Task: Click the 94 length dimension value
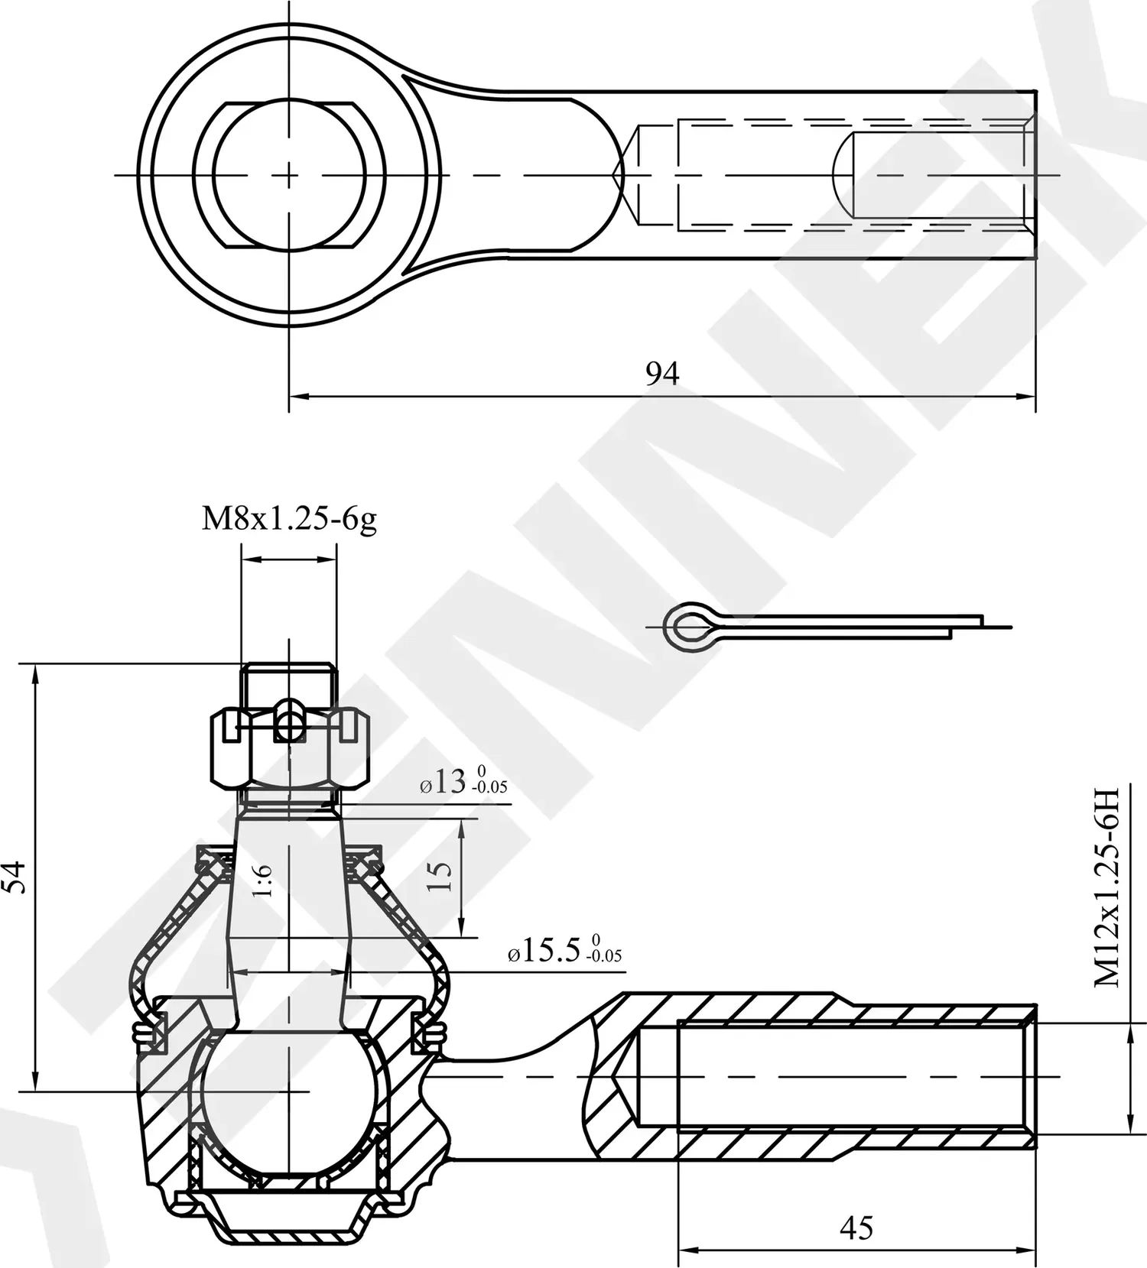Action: (x=662, y=374)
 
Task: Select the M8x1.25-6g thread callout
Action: (x=289, y=520)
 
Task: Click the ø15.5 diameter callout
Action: (x=564, y=951)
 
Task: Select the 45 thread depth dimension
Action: (x=856, y=1228)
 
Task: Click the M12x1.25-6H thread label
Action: (x=1106, y=886)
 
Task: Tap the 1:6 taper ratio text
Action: (x=262, y=881)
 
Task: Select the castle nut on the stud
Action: (x=290, y=749)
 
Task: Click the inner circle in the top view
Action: (x=289, y=175)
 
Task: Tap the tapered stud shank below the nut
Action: (x=289, y=902)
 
